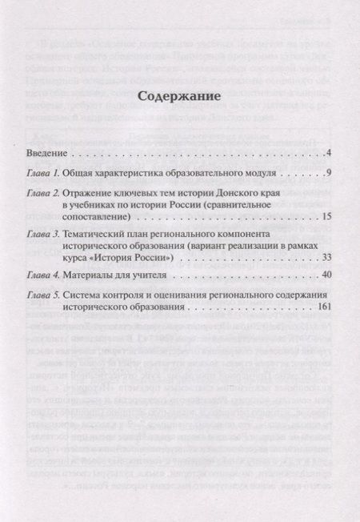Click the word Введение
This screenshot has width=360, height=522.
click(x=46, y=152)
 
